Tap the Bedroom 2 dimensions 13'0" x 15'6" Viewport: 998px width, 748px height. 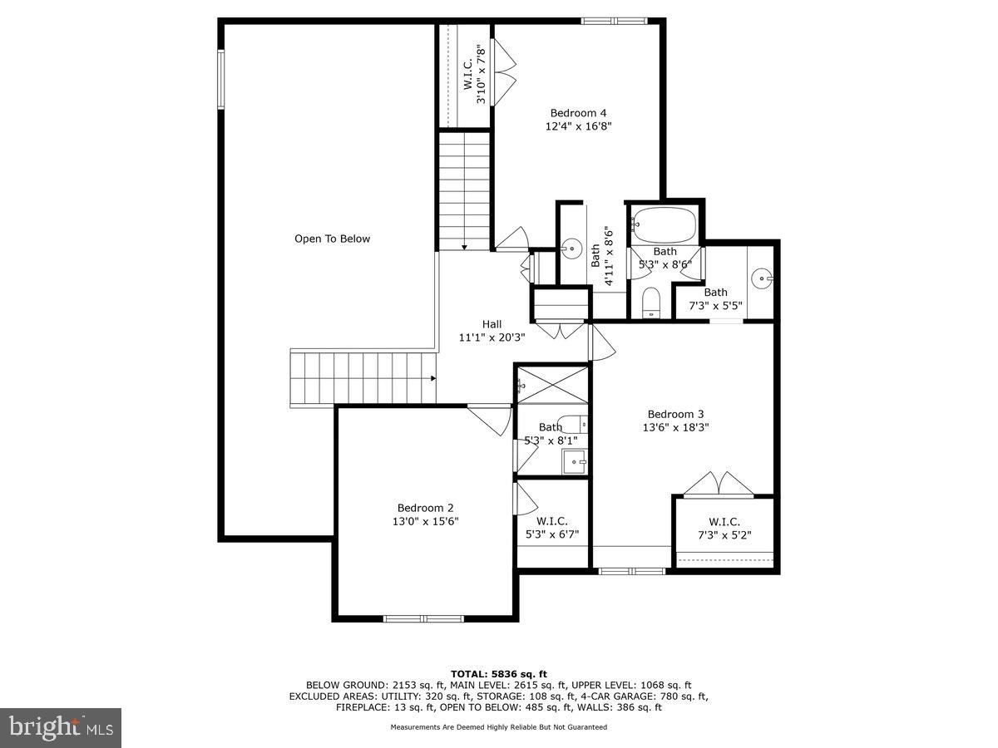(x=425, y=522)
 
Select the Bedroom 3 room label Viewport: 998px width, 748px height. (x=675, y=414)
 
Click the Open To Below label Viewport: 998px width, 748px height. (x=332, y=239)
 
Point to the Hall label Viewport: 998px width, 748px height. (x=492, y=324)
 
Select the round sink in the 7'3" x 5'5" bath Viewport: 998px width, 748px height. (x=761, y=278)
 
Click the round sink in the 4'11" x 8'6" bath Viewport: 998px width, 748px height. (x=571, y=248)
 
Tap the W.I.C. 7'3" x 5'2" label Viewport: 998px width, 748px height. (x=724, y=529)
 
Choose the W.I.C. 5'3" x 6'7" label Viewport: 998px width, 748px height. (x=551, y=529)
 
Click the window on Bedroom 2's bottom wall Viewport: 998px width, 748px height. (x=422, y=618)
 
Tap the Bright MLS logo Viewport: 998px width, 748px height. (x=61, y=728)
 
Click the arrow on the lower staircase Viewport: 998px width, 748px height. (x=433, y=378)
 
